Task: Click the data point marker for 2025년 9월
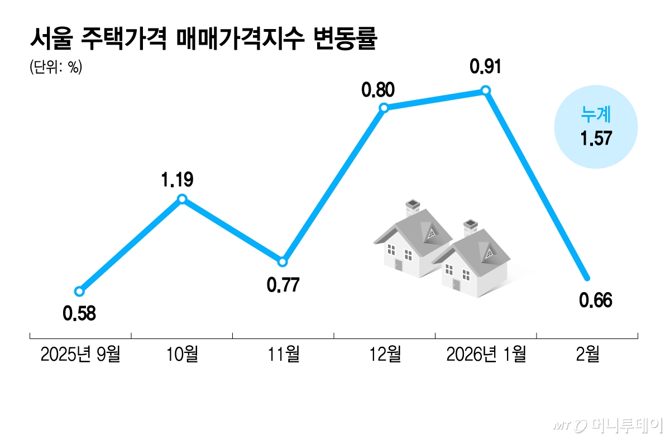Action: (x=79, y=291)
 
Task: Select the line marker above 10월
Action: (x=182, y=199)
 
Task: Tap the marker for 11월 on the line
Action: (x=283, y=261)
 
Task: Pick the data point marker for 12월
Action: (x=384, y=108)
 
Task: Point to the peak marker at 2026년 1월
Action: (x=485, y=90)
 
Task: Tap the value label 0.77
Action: (x=283, y=285)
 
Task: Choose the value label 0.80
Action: (x=378, y=89)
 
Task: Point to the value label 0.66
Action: (x=596, y=300)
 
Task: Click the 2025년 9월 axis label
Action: (x=80, y=354)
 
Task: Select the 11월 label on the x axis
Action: (x=283, y=354)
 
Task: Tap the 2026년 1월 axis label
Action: (x=486, y=354)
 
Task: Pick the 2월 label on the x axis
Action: (x=587, y=354)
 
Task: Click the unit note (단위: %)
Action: (x=56, y=68)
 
